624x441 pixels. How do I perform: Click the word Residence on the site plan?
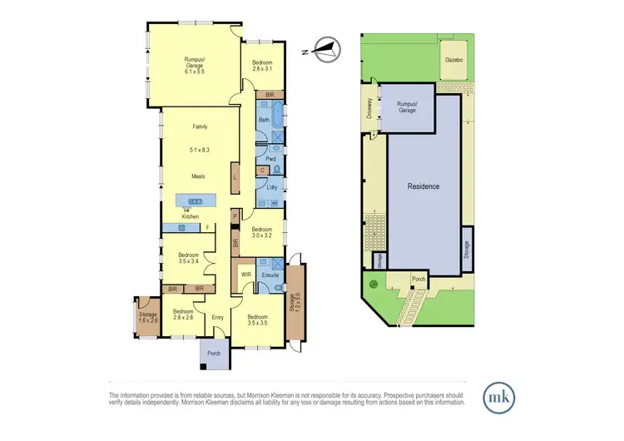coord(423,186)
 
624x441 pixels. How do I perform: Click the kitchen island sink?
coord(197,201)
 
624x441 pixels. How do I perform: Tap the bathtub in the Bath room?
coord(278,120)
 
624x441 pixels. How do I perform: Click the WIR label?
coord(246,275)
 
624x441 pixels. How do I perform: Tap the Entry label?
coord(218,317)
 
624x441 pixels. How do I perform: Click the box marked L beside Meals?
coord(236,177)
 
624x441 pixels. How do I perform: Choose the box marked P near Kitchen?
coord(235,216)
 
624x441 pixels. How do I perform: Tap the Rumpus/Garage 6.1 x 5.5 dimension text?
coord(195,72)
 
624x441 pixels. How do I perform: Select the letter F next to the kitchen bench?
coord(207,227)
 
